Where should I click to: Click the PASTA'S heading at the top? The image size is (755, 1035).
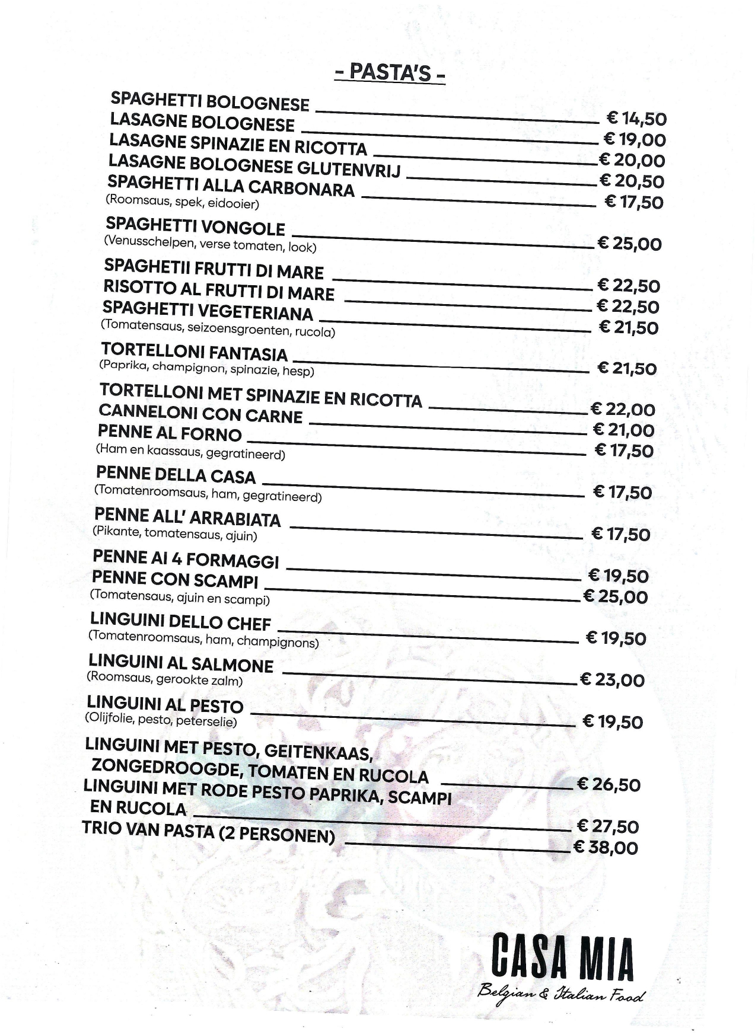(x=390, y=72)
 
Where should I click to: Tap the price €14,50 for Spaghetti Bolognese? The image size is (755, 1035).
(x=636, y=119)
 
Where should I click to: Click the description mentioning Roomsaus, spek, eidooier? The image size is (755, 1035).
(x=182, y=202)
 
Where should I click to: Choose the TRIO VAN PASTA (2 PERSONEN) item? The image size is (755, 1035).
(x=208, y=832)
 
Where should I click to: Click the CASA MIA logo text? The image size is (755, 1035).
(x=562, y=956)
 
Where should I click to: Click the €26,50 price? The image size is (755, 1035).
(x=609, y=784)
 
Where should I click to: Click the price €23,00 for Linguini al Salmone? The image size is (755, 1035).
(x=611, y=679)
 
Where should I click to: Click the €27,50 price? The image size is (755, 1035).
(x=607, y=826)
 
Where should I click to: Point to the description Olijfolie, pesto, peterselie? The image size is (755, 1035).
(x=161, y=720)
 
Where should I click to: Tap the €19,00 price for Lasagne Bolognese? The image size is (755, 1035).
(x=634, y=139)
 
